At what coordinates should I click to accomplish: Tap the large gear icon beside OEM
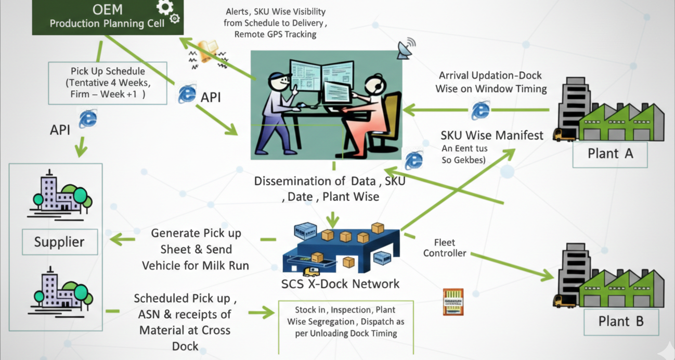tap(165, 7)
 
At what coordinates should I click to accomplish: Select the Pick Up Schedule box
tap(108, 83)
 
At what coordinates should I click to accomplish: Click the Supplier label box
tap(59, 242)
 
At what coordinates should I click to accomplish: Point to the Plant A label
tap(610, 153)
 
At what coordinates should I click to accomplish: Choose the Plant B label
tap(620, 321)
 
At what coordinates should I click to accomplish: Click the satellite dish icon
tap(406, 47)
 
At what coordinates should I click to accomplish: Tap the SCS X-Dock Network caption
tap(340, 284)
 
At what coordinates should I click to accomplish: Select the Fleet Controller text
tap(444, 248)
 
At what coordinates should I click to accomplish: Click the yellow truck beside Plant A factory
tap(565, 135)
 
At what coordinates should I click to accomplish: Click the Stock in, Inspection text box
tap(346, 321)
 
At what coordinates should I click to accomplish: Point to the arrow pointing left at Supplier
tap(122, 239)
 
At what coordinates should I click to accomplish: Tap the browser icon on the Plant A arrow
tap(481, 110)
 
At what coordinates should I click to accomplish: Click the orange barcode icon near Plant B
tap(452, 302)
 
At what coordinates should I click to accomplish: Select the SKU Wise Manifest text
tap(491, 136)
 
